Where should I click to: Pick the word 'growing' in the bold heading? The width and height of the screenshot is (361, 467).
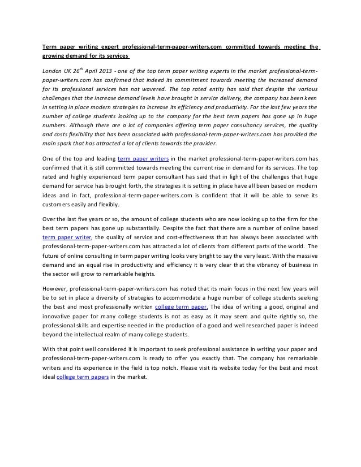[x=56, y=57]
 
